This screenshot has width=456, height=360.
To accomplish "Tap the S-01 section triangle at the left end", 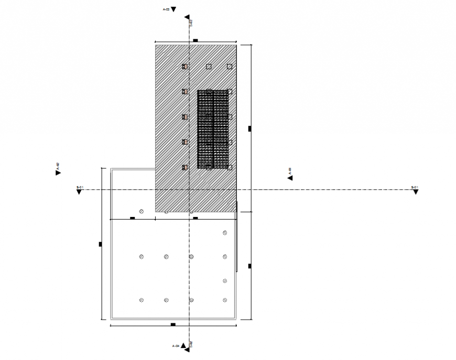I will (79, 192).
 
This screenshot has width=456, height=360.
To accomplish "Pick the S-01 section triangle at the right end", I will (416, 192).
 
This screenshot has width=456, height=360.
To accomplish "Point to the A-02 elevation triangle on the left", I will (58, 172).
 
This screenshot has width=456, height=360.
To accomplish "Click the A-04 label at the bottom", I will (176, 346).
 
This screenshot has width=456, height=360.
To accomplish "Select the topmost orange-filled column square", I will (184, 67).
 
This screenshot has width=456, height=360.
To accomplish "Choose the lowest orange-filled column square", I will (184, 167).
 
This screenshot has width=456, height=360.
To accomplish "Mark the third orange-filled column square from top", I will (184, 117).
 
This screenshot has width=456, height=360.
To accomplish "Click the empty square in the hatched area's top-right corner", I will (230, 67).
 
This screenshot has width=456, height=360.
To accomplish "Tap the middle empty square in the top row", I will (209, 67).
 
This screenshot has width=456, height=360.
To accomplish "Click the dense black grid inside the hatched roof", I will (213, 129).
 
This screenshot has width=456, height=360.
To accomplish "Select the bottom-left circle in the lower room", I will (142, 300).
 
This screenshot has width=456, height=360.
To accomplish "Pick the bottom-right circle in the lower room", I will (225, 300).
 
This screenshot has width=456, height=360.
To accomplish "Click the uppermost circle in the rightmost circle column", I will (225, 233).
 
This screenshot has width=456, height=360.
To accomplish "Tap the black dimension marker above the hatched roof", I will (195, 40).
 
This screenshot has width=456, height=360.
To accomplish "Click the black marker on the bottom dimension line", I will (173, 325).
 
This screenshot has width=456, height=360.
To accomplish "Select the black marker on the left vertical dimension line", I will (101, 244).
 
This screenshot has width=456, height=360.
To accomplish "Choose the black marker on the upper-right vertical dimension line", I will (250, 128).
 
